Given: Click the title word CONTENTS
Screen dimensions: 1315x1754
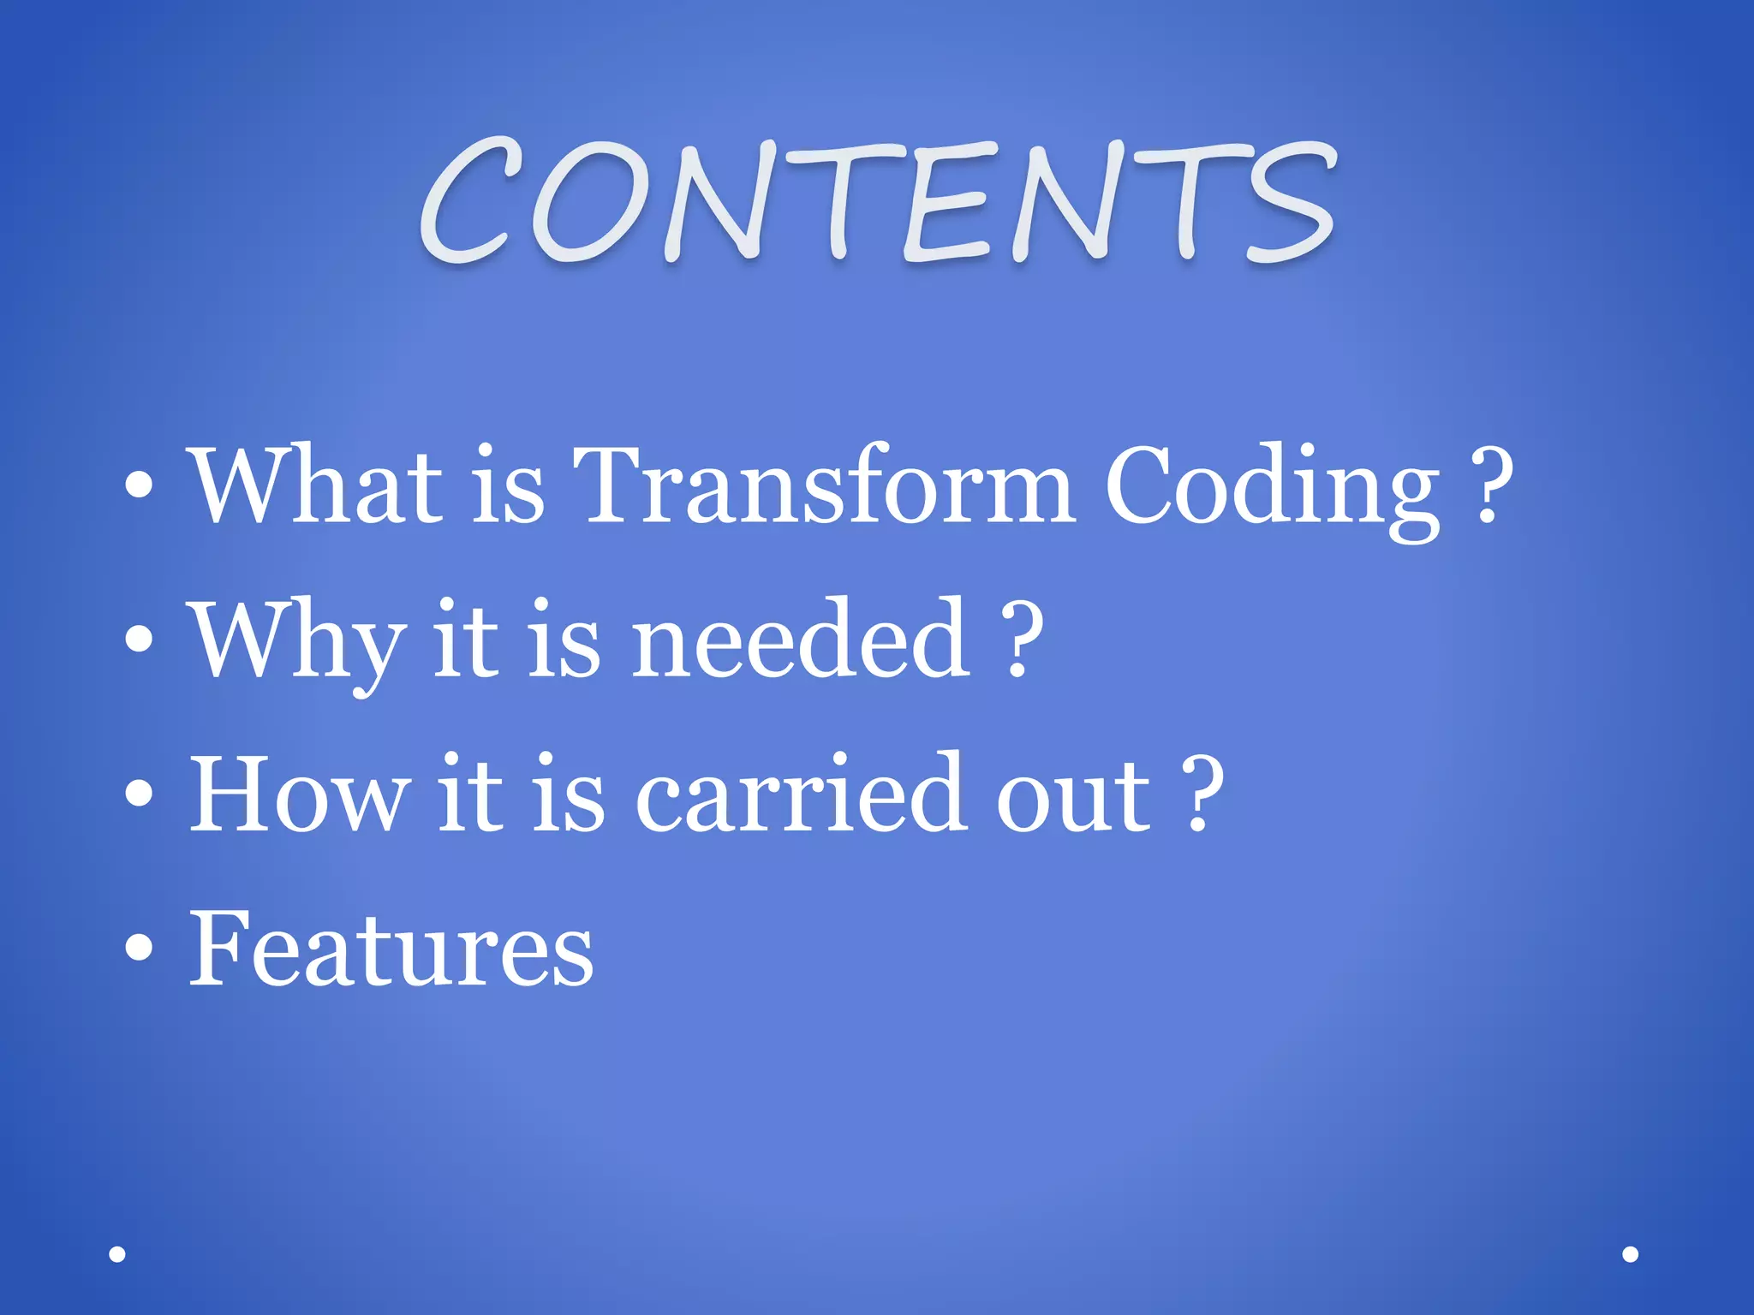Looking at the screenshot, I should [x=877, y=201].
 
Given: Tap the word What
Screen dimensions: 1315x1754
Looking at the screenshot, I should [x=316, y=485].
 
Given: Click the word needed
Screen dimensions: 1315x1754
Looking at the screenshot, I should [x=802, y=640].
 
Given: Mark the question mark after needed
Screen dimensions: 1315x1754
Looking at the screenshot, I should [x=1023, y=640].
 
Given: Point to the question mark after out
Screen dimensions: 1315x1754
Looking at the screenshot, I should [x=1202, y=794].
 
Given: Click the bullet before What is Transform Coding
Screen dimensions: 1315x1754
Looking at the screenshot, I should [x=139, y=487].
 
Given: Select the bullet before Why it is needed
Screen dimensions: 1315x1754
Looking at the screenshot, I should [x=139, y=640].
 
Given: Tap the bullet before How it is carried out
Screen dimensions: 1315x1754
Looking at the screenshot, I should [x=139, y=794].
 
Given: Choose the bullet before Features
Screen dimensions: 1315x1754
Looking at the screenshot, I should [x=139, y=948].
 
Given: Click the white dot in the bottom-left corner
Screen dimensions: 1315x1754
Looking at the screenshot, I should [x=117, y=1254].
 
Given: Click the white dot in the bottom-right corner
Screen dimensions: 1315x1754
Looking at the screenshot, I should [x=1631, y=1254].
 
